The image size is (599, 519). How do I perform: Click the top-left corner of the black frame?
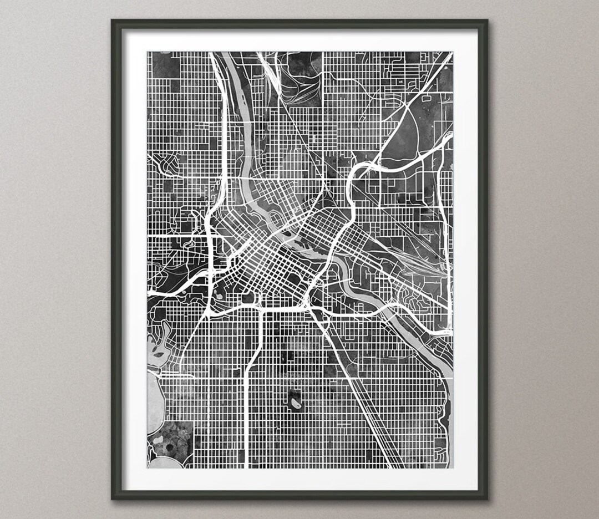point(112,21)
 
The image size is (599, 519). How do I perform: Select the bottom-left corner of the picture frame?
point(112,498)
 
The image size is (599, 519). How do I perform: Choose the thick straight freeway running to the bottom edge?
point(246,421)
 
